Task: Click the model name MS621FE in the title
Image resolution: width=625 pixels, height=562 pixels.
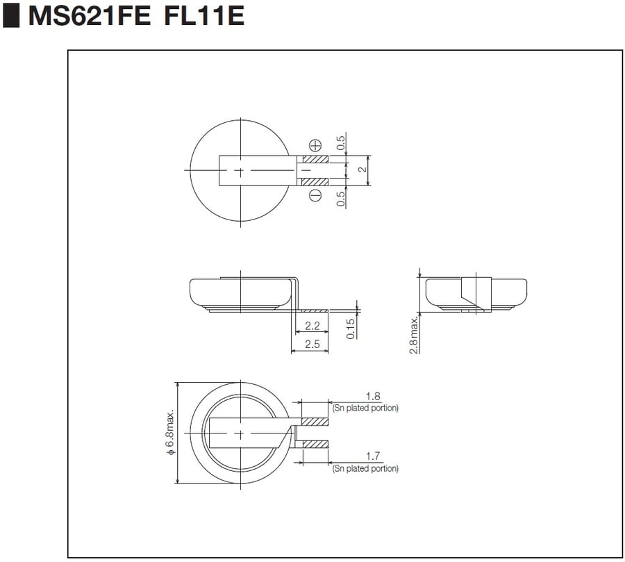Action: click(89, 17)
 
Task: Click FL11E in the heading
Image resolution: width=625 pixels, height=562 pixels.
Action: click(205, 17)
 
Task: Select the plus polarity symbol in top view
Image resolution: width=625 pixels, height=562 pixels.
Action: click(315, 145)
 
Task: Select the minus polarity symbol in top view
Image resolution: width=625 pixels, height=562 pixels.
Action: click(315, 195)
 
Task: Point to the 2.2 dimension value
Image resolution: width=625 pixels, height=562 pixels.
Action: click(312, 326)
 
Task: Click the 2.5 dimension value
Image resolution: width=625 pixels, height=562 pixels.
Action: click(312, 344)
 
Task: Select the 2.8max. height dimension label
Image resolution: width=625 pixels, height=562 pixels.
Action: click(414, 335)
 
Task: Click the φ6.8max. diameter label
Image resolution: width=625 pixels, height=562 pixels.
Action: click(169, 432)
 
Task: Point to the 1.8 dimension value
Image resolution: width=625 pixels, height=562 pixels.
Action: click(373, 397)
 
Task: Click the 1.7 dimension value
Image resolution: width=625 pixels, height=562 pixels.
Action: click(373, 456)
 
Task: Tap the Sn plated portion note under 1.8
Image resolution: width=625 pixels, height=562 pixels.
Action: click(365, 408)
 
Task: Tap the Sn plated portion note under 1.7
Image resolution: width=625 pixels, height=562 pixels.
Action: click(365, 469)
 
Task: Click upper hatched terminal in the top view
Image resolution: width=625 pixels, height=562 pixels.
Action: click(314, 159)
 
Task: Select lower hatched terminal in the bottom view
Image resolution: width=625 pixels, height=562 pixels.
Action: click(315, 444)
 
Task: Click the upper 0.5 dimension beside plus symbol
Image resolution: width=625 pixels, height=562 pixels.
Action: click(341, 143)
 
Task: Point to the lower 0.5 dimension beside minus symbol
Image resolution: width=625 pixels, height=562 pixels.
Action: click(341, 199)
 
